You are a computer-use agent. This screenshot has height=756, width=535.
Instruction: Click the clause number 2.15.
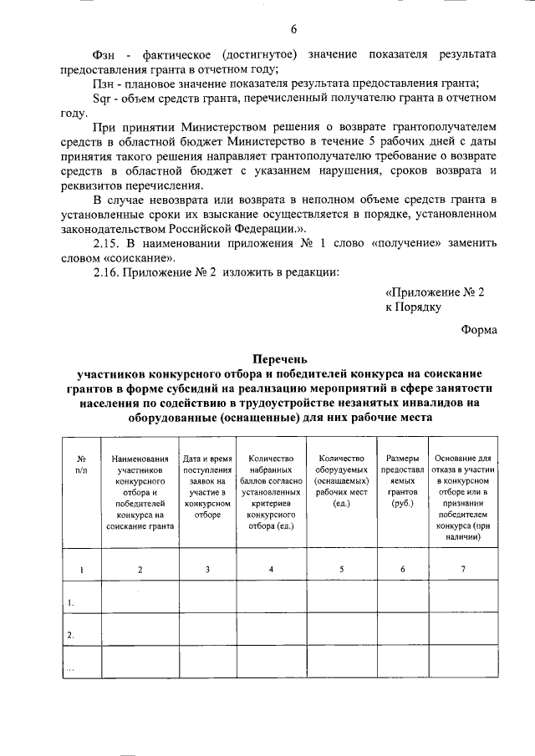[108, 242]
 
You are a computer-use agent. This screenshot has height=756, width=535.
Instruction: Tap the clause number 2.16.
[108, 272]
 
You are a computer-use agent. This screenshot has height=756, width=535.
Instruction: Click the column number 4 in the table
[270, 570]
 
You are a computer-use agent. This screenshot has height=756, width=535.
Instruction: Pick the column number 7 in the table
[462, 570]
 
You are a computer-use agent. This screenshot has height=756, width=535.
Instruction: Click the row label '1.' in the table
[72, 602]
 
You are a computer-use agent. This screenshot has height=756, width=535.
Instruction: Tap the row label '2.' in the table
[72, 635]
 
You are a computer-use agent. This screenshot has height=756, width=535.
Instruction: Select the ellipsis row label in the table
[72, 668]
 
